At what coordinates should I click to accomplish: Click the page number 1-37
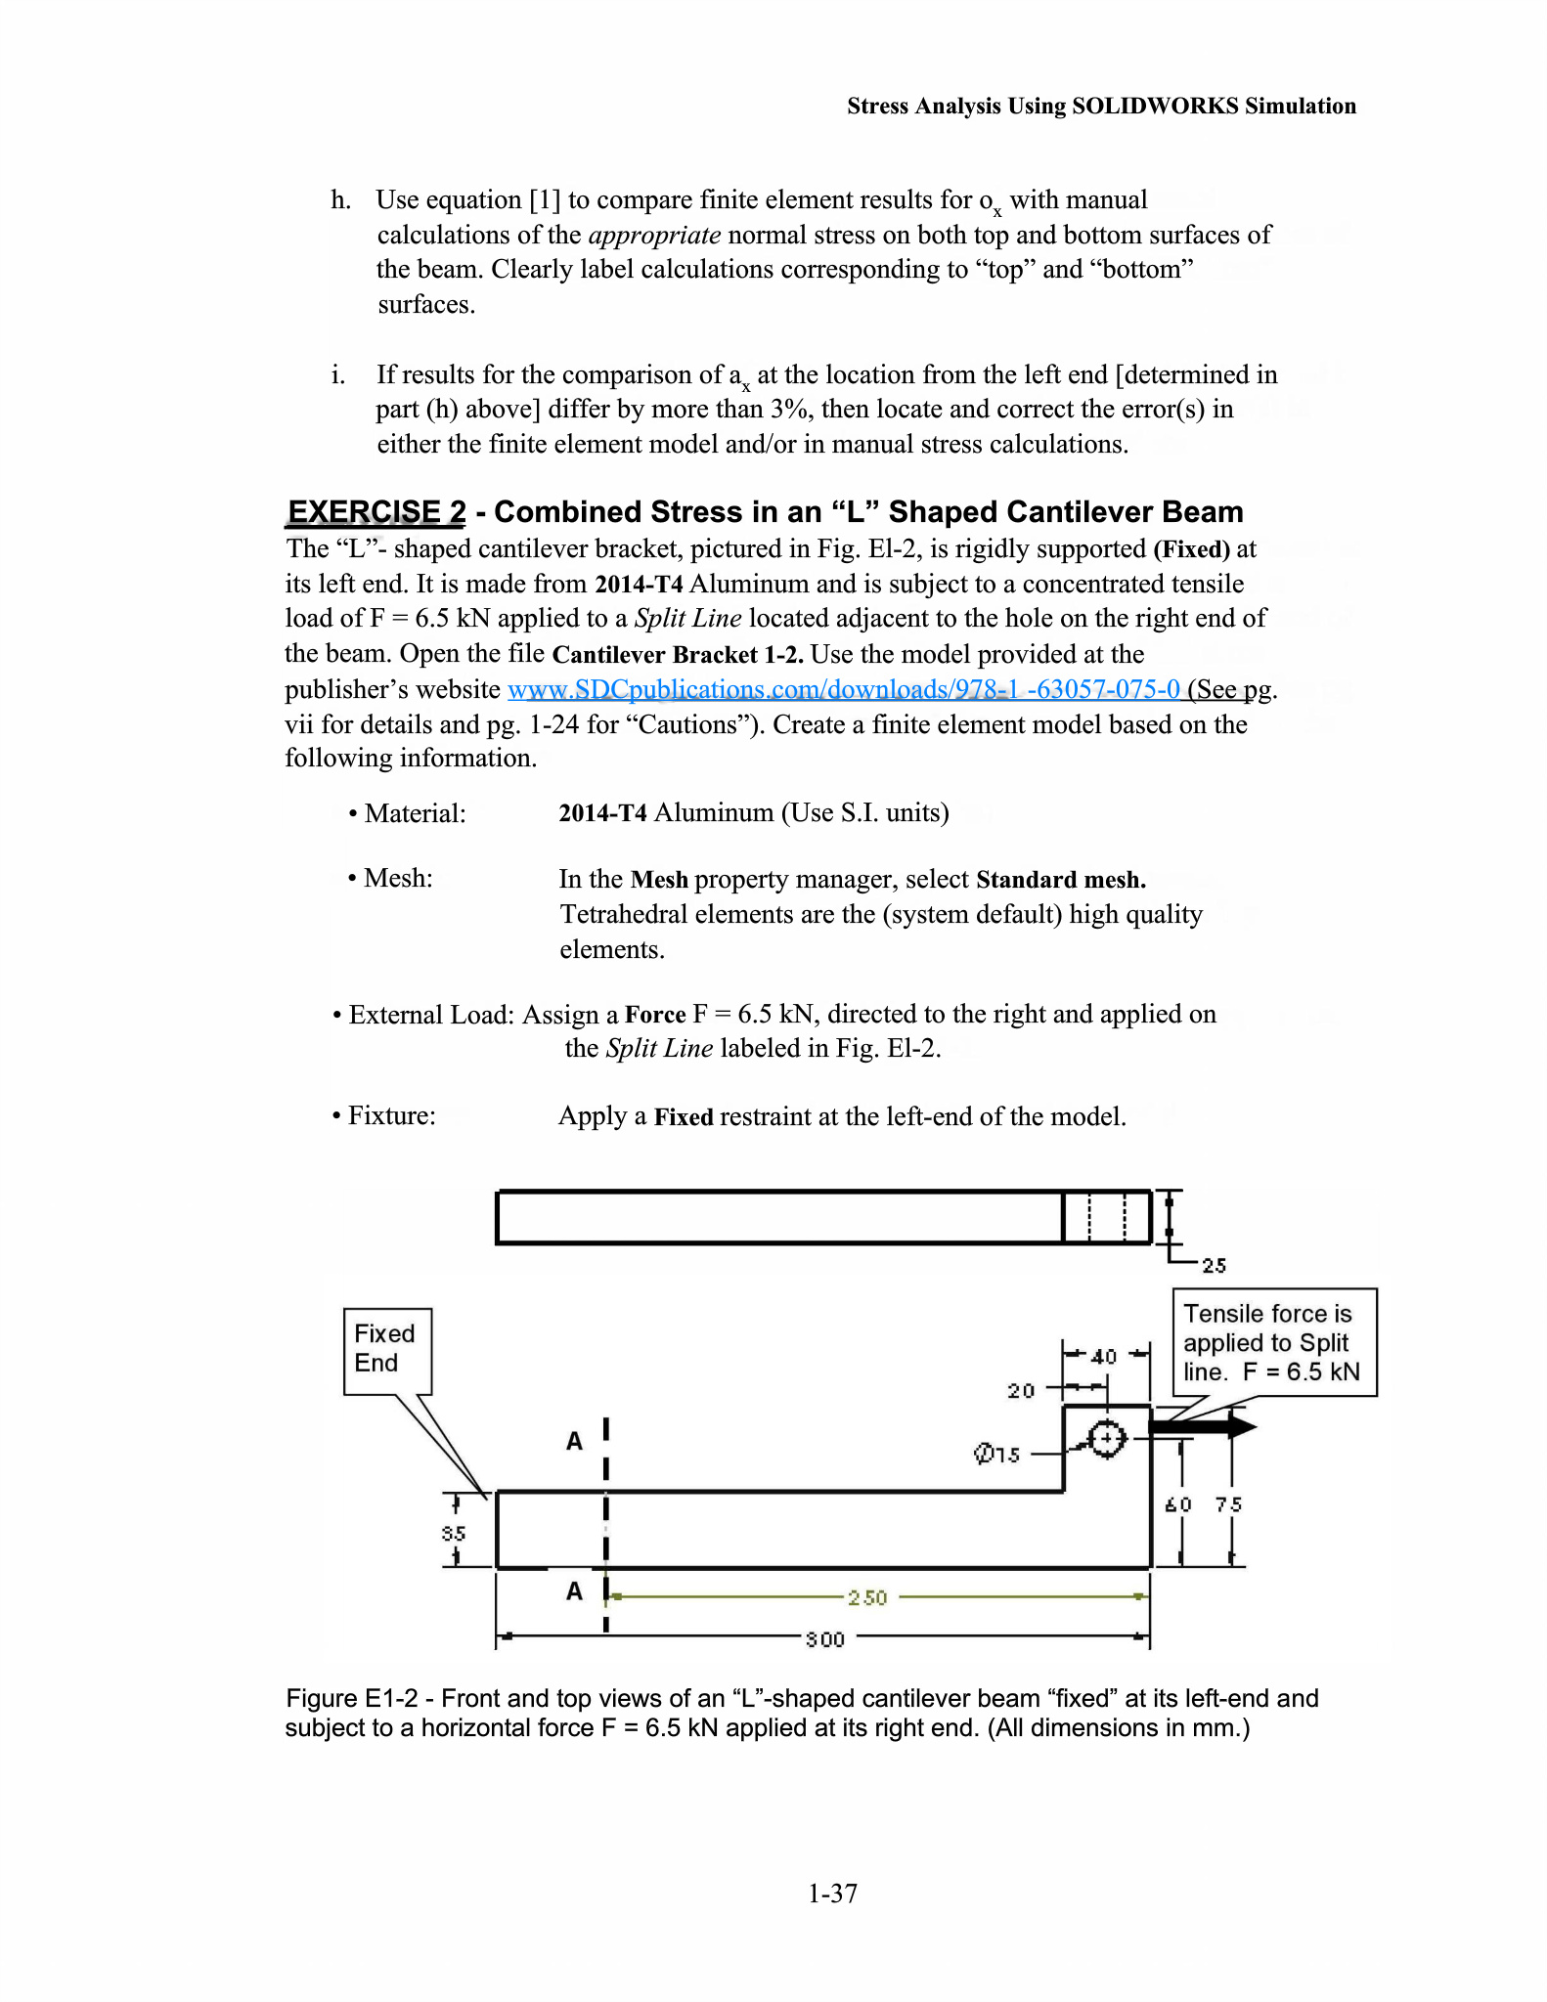[x=832, y=1893]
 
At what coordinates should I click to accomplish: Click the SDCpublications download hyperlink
[x=844, y=689]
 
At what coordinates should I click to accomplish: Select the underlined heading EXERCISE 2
[x=376, y=511]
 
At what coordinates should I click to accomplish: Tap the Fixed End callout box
[x=387, y=1350]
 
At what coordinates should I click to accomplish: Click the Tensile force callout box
[x=1273, y=1342]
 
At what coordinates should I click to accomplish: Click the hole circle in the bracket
[x=1107, y=1438]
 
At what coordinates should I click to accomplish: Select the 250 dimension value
[x=867, y=1597]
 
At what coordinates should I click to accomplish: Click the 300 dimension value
[x=824, y=1639]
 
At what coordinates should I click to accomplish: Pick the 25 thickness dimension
[x=1214, y=1266]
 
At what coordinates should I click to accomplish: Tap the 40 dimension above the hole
[x=1104, y=1357]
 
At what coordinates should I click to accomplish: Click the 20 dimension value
[x=1021, y=1391]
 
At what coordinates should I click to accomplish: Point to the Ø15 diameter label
[x=997, y=1455]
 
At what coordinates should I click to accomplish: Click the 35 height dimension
[x=454, y=1534]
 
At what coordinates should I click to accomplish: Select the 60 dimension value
[x=1178, y=1504]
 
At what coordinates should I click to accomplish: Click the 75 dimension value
[x=1229, y=1504]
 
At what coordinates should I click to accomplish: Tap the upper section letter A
[x=575, y=1441]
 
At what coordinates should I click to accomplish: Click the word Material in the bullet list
[x=415, y=813]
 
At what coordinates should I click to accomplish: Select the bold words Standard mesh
[x=1061, y=880]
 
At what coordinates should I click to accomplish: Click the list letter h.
[x=340, y=200]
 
